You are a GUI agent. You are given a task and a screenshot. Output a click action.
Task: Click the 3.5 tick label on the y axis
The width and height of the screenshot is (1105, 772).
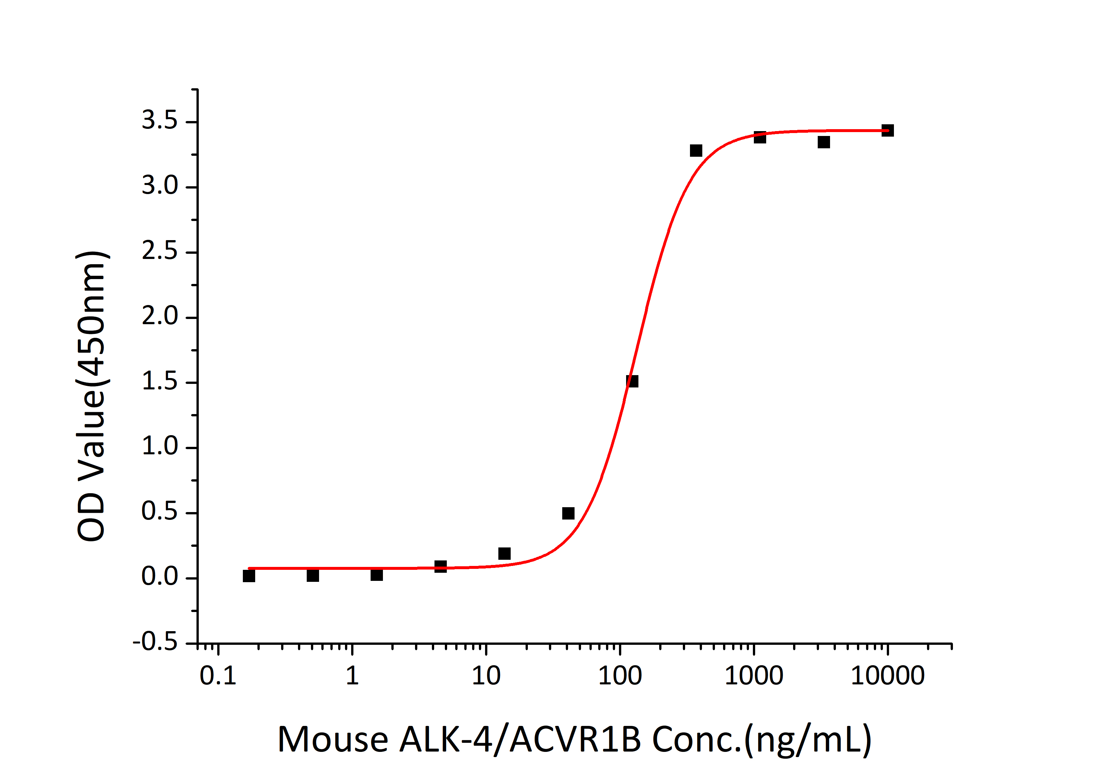click(x=159, y=120)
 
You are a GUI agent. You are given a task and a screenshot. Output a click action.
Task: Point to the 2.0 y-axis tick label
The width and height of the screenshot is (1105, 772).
click(x=159, y=316)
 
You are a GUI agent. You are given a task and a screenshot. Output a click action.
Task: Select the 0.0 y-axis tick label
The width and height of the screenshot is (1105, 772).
click(x=159, y=576)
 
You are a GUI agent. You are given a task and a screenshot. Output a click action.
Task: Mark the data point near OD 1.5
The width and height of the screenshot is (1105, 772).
click(x=632, y=381)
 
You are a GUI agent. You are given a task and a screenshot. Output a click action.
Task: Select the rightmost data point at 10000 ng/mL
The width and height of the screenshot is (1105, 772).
click(x=887, y=130)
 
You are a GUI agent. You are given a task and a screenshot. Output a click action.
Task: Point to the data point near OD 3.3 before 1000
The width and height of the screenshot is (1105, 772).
click(x=696, y=151)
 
